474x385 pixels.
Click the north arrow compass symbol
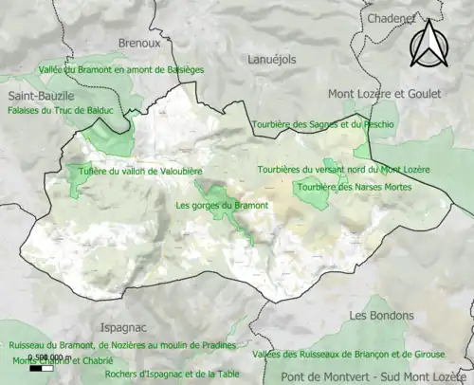click(428, 45)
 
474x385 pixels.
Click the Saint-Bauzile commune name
click(41, 97)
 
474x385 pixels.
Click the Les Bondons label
click(381, 315)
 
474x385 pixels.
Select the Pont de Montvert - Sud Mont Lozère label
click(378, 377)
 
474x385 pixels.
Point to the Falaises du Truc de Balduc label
click(60, 111)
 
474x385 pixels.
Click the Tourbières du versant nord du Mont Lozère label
click(343, 169)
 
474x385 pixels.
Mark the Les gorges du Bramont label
click(222, 205)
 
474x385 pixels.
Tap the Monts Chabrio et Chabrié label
click(63, 361)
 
